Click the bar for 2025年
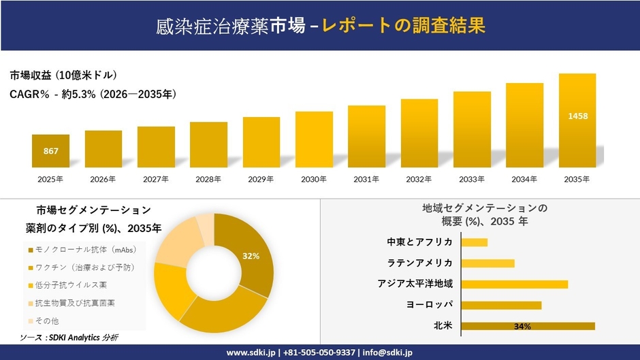point(50,151)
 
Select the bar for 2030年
point(314,140)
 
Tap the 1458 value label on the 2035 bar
point(577,116)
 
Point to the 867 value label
point(50,151)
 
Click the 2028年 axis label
point(208,179)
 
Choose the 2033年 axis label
point(472,179)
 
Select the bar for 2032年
point(419,133)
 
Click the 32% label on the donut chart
point(251,256)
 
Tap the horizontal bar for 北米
point(528,326)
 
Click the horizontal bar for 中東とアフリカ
point(475,242)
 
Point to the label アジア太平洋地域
point(415,284)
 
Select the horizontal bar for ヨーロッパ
point(501,305)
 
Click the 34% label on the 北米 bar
point(522,327)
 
